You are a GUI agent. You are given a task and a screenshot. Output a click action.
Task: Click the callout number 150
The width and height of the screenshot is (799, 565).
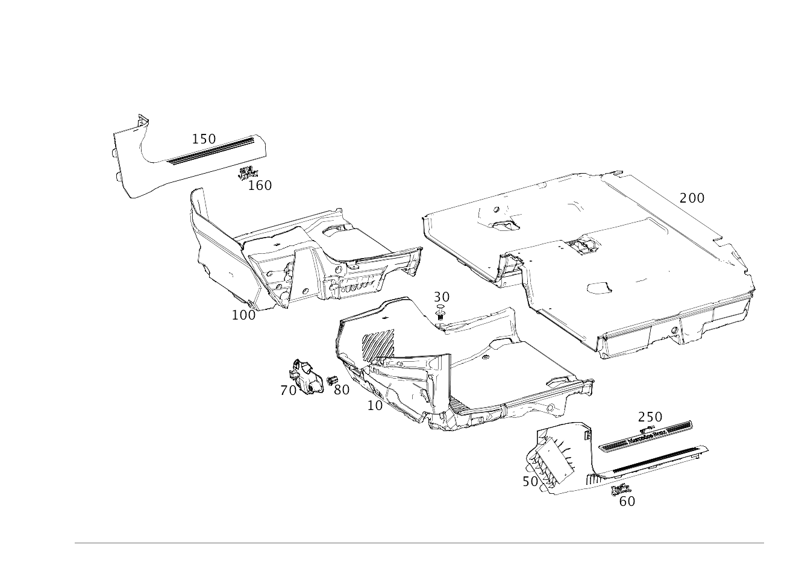click(204, 139)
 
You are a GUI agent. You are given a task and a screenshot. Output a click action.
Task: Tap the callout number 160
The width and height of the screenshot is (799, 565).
click(260, 185)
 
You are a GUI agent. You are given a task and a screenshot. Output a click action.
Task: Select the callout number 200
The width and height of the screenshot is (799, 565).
click(692, 198)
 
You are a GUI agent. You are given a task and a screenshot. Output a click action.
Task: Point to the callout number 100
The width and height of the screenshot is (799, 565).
click(243, 315)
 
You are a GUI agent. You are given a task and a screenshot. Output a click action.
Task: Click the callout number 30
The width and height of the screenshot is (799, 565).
click(442, 297)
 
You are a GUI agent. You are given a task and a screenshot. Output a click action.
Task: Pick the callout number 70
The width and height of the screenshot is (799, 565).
click(289, 391)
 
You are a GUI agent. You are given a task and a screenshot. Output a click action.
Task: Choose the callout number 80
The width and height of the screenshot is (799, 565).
click(342, 390)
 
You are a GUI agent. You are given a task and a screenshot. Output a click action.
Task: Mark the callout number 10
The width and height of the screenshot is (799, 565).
click(375, 406)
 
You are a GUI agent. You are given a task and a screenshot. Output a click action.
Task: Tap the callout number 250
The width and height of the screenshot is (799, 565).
click(650, 417)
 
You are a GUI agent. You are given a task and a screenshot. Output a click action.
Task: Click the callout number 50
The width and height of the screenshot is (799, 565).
click(530, 481)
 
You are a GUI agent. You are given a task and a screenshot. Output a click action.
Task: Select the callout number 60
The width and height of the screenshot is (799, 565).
click(627, 501)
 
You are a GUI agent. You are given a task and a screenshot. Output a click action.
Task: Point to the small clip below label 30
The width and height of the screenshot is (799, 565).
click(440, 311)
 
